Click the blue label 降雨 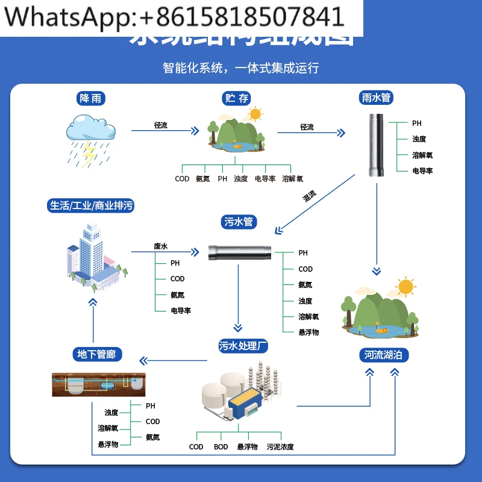[90, 98]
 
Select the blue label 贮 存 [237, 98]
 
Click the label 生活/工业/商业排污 [90, 206]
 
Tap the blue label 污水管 [239, 222]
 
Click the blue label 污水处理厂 [243, 346]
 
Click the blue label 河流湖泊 [383, 354]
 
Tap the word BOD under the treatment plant [221, 447]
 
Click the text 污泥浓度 [280, 447]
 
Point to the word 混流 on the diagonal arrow [310, 195]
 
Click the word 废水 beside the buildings [161, 246]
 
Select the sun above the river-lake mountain [406, 287]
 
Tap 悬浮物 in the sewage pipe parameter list [308, 332]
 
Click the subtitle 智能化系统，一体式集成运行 [240, 67]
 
